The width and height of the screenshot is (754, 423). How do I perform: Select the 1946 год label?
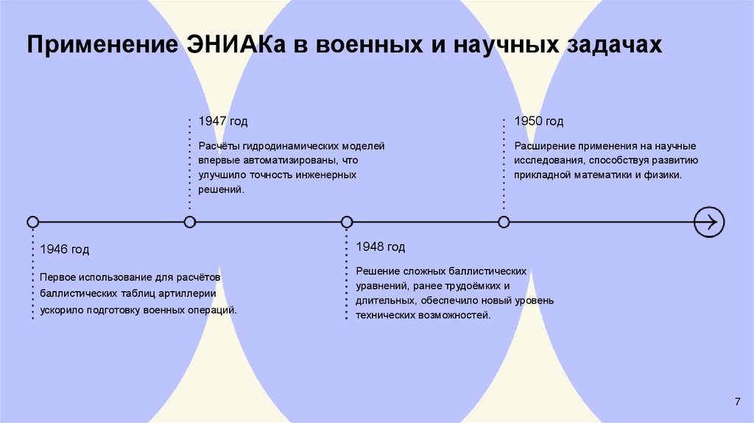point(65,250)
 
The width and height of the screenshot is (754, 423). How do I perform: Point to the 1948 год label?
point(380,246)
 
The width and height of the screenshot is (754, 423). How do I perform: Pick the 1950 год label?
point(538,122)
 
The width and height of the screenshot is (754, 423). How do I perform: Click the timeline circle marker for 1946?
point(32,222)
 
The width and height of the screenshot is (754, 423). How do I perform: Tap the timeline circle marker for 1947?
point(190,222)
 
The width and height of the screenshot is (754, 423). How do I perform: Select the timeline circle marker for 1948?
point(347,222)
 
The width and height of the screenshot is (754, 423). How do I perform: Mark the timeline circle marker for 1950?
point(504,222)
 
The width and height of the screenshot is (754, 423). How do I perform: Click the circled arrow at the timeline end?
point(709,222)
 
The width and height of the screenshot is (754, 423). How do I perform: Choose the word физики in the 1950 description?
point(664,175)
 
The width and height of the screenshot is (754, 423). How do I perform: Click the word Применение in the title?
point(94,46)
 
